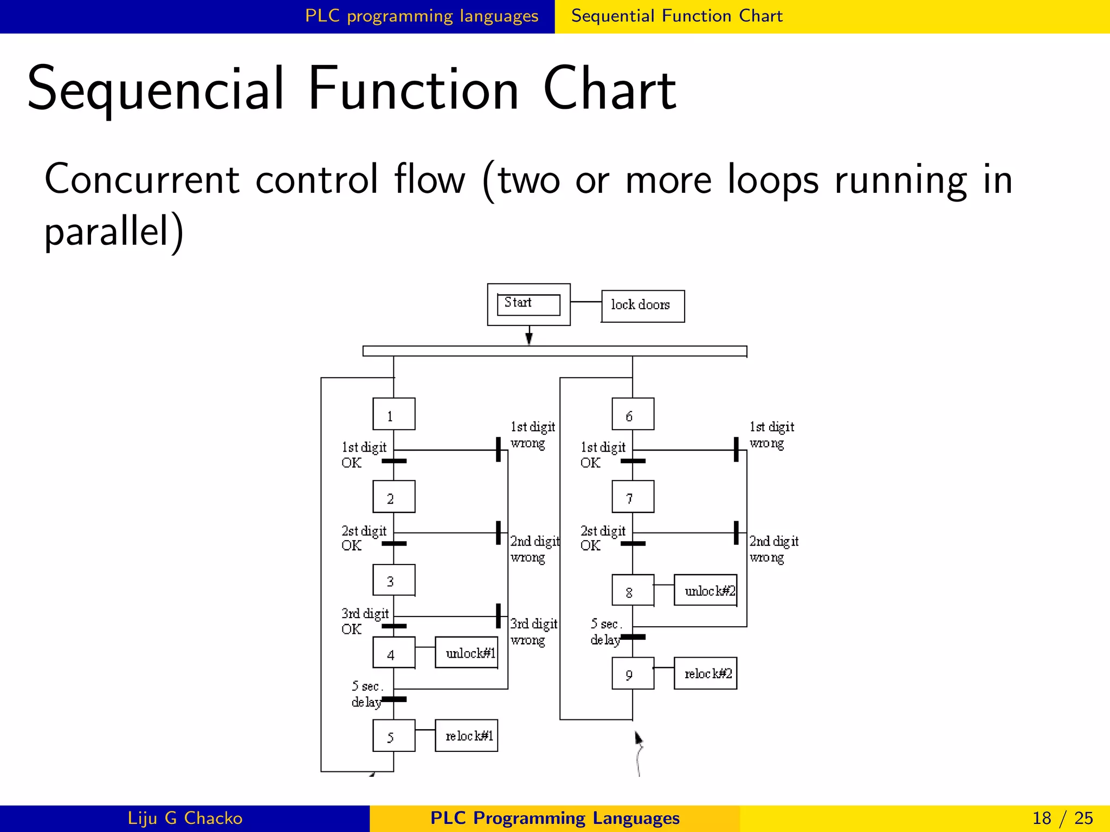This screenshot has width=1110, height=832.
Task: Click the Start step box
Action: [x=528, y=304]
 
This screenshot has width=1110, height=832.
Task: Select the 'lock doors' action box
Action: [x=642, y=306]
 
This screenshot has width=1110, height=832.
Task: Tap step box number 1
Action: [x=393, y=414]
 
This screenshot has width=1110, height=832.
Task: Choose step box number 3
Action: [x=393, y=580]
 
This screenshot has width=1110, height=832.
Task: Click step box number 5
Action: [x=393, y=736]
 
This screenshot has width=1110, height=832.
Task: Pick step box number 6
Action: [x=633, y=414]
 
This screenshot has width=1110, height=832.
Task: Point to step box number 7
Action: [x=633, y=497]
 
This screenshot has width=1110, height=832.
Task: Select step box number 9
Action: [x=633, y=673]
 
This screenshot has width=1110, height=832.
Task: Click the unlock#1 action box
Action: [x=467, y=653]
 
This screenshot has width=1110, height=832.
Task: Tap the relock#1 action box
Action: [x=467, y=736]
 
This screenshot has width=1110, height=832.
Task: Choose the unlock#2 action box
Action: [x=706, y=590]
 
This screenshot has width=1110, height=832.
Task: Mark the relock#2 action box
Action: [x=706, y=673]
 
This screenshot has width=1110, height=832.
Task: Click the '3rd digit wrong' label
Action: [x=533, y=632]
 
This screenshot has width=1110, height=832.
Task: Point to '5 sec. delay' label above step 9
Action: [x=606, y=632]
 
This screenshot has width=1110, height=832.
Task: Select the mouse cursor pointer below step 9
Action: [x=638, y=738]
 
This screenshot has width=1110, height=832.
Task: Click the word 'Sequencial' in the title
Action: [x=155, y=89]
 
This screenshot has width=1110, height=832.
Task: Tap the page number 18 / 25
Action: [x=1062, y=818]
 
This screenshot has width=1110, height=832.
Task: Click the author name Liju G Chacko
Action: [x=185, y=818]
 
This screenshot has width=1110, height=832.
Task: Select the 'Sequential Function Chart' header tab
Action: [x=676, y=16]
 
